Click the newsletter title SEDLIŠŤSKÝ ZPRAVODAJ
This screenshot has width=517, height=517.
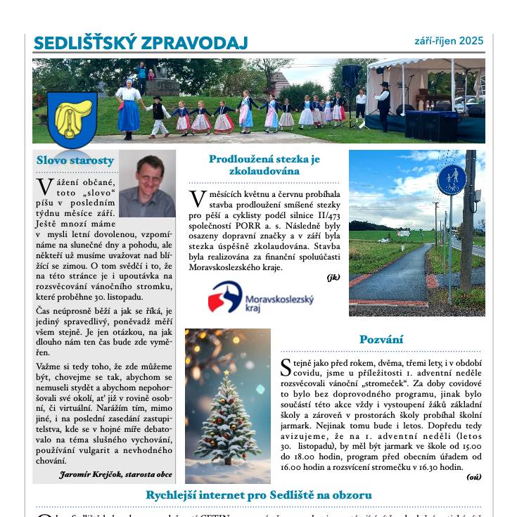click(x=141, y=43)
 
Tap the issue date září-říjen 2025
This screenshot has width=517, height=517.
click(x=449, y=41)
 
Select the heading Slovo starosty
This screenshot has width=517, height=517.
click(x=75, y=160)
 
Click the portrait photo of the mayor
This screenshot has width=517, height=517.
click(x=146, y=184)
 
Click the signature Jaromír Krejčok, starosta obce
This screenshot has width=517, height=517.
click(x=116, y=475)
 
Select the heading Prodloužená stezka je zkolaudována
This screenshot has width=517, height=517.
click(x=264, y=165)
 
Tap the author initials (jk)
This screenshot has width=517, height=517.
click(x=333, y=277)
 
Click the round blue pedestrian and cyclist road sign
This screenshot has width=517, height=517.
click(x=451, y=180)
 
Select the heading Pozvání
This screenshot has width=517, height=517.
click(x=381, y=340)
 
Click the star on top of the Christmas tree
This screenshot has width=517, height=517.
click(x=226, y=372)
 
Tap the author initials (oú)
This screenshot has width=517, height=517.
click(x=473, y=477)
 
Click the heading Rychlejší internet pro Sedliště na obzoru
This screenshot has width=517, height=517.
click(x=258, y=495)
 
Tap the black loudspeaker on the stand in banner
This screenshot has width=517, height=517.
click(x=351, y=75)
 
